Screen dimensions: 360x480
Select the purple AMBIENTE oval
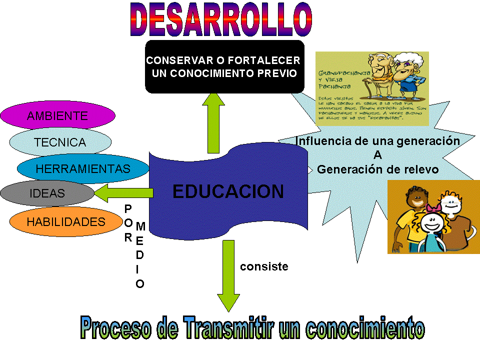tap(57, 116)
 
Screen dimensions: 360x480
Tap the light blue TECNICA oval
tap(60, 142)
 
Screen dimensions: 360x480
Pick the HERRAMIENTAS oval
tap(83, 169)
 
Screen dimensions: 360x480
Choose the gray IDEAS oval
tap(47, 193)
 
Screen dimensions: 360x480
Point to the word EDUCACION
tap(228, 192)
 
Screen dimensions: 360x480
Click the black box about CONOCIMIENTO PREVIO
tap(224, 67)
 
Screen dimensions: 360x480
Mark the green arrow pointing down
tap(228, 275)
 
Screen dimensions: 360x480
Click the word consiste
tap(264, 266)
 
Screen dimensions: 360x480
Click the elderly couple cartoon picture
tap(372, 88)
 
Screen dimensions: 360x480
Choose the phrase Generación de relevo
tap(377, 169)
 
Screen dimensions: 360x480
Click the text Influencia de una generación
tap(377, 141)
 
